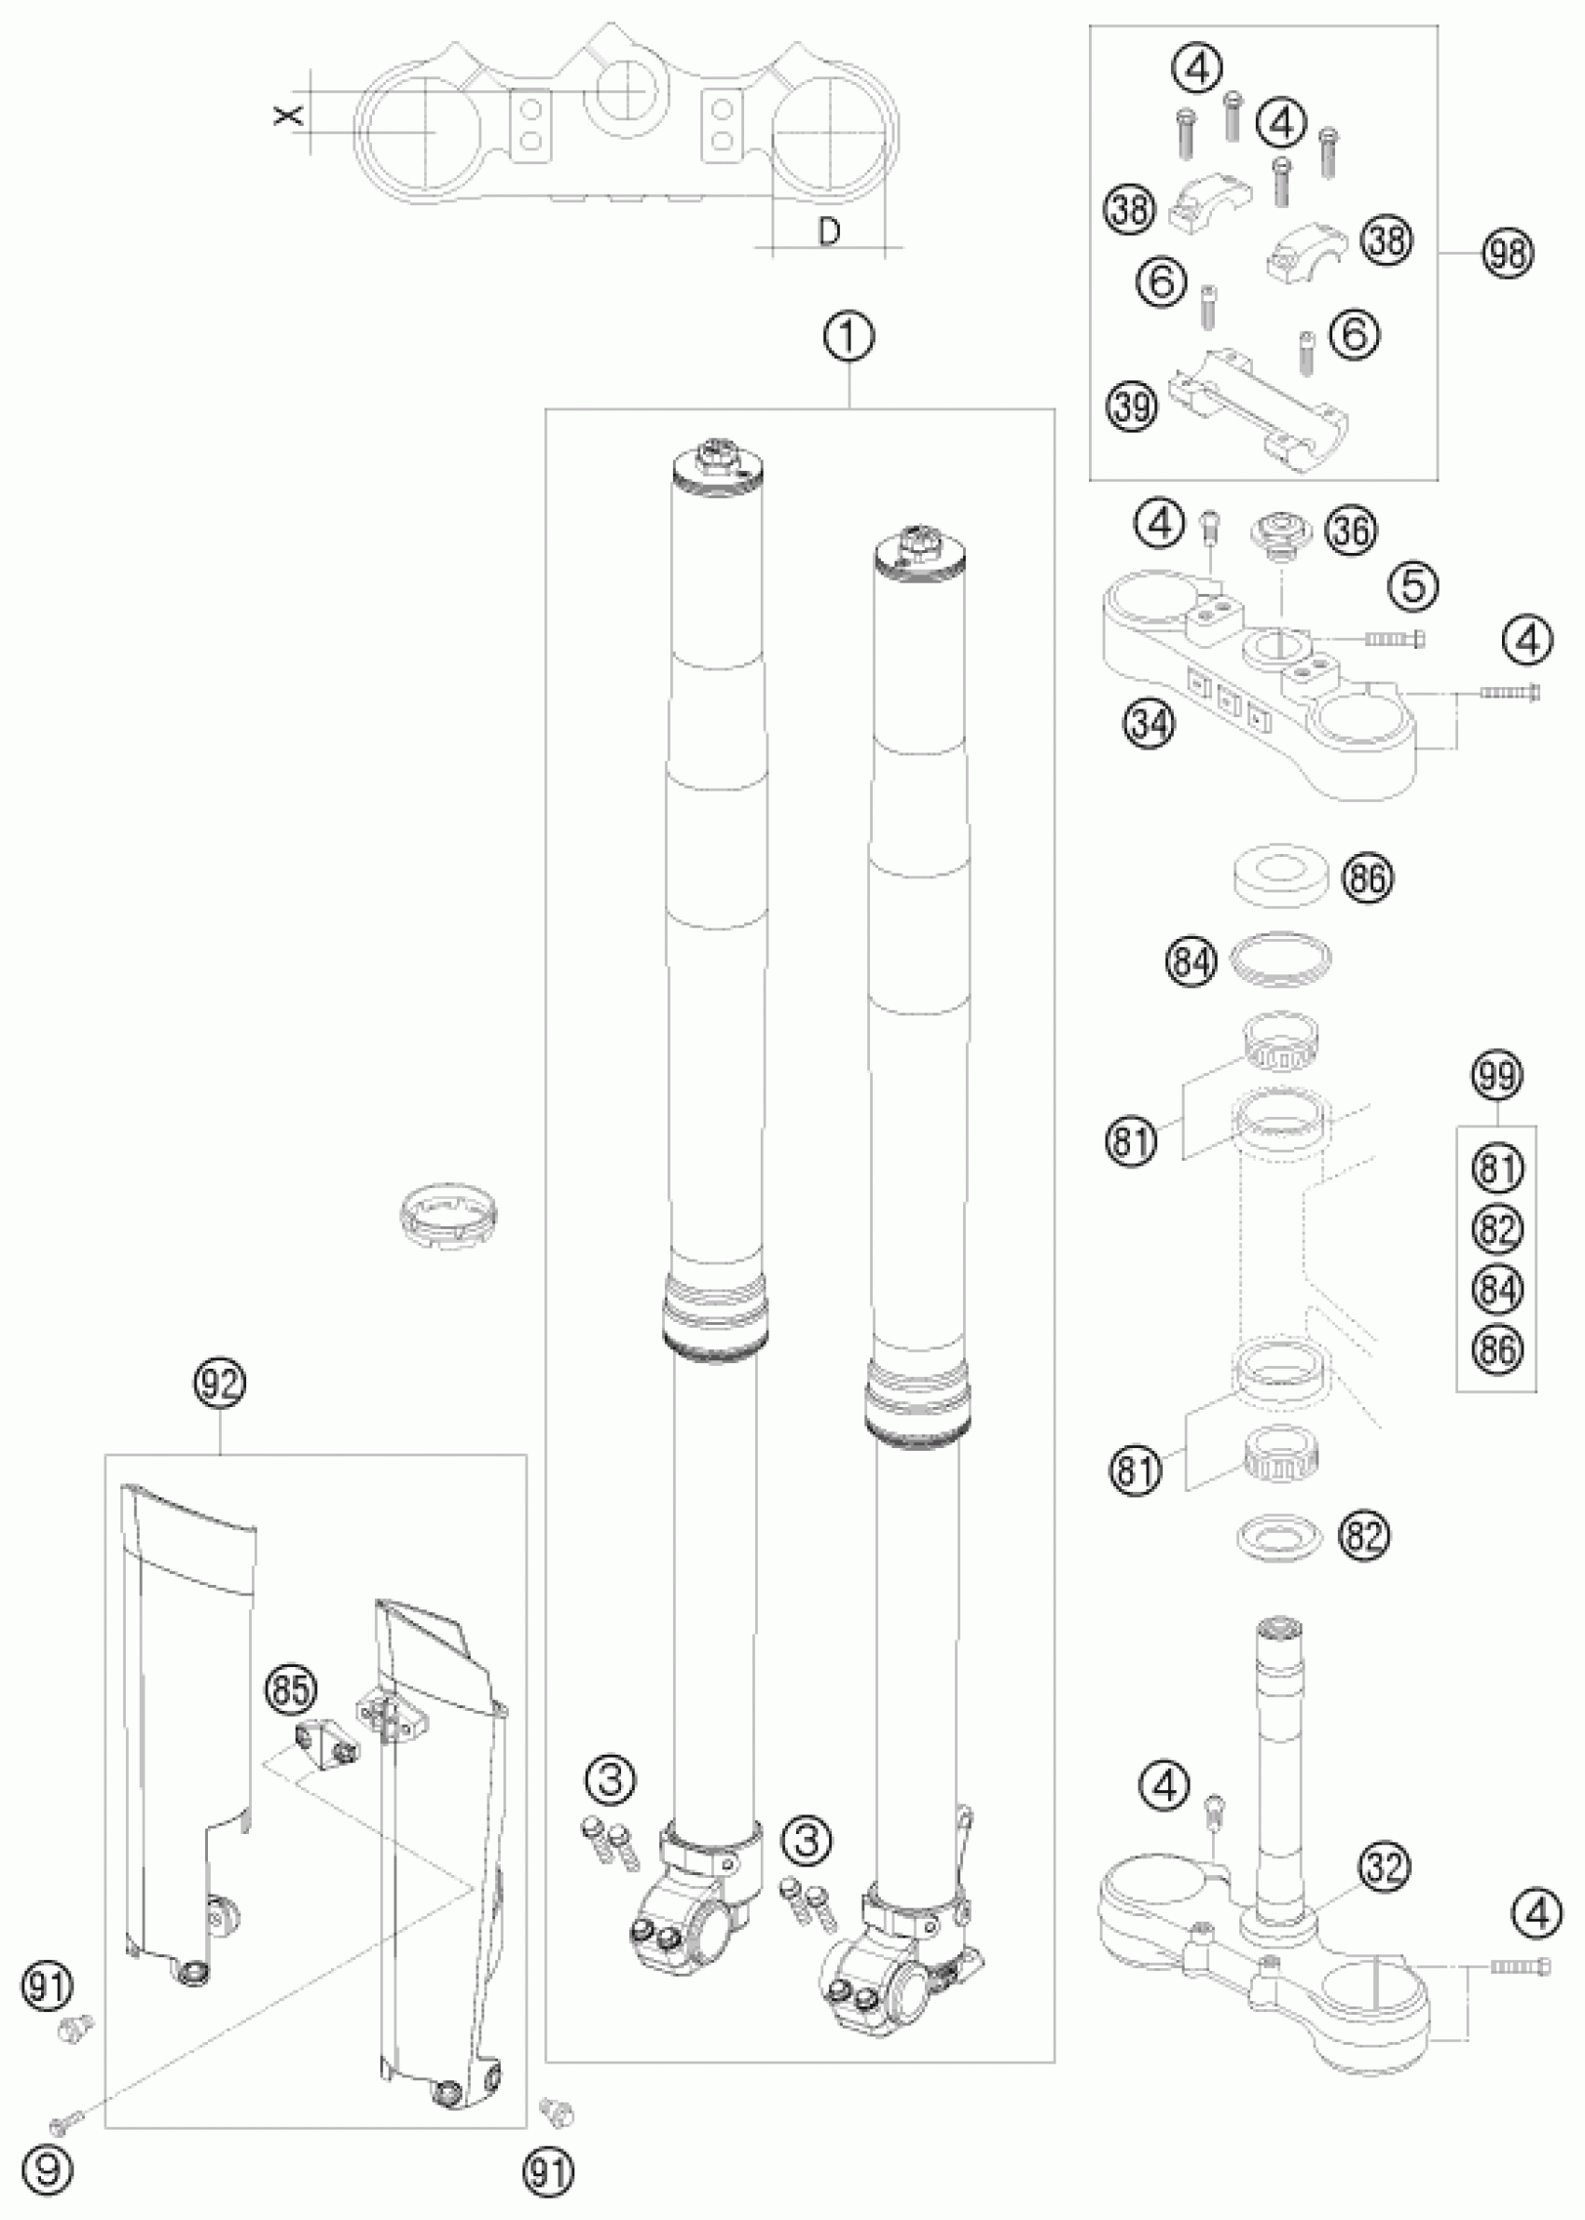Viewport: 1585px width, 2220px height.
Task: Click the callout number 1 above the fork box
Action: pos(849,338)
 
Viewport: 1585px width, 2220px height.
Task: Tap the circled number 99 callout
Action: pos(1497,1076)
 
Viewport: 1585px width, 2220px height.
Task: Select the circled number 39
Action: pos(1133,406)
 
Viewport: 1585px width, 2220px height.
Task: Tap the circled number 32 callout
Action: pos(1385,1866)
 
